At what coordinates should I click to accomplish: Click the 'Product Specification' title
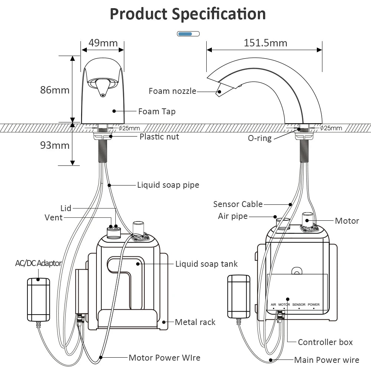coord(188,14)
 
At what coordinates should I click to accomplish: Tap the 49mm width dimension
coord(102,43)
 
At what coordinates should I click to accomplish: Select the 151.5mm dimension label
coord(265,43)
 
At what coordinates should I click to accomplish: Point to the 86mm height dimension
coord(55,90)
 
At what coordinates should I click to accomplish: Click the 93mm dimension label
coord(55,145)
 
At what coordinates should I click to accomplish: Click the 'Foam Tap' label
coord(157,111)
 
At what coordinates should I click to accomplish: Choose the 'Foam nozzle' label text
coord(172,91)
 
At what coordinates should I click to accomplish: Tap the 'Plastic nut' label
coord(159,137)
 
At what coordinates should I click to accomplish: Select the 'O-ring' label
coord(260,138)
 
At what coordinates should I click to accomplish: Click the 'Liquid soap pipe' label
coord(168,185)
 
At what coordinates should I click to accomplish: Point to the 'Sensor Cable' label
coord(238,204)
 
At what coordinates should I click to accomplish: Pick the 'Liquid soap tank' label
coord(206,264)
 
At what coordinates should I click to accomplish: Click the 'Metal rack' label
coord(195,322)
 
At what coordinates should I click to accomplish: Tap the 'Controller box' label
coord(325,342)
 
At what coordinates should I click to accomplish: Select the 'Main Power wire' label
coord(326,360)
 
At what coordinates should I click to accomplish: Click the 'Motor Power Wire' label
coord(164,358)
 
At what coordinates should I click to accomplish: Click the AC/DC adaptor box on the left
coord(38,299)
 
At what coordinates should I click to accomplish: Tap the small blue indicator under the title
coord(188,34)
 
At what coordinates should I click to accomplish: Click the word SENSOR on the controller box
coord(299,305)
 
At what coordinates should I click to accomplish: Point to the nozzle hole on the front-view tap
coord(102,95)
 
